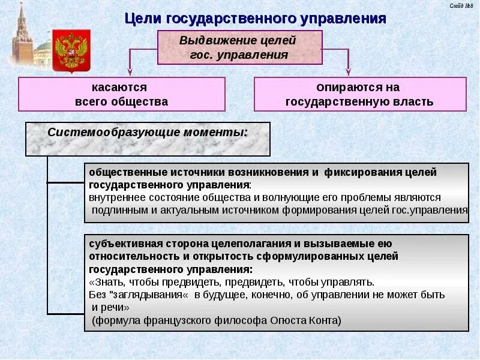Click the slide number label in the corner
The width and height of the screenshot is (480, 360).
click(x=461, y=5)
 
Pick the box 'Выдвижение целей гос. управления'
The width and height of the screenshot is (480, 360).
click(x=239, y=48)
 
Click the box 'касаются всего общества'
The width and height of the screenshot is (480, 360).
click(x=121, y=94)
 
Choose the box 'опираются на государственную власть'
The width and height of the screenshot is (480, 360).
click(x=359, y=94)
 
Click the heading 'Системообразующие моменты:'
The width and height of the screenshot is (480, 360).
click(x=148, y=132)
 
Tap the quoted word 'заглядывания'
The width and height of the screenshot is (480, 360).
click(x=147, y=295)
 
